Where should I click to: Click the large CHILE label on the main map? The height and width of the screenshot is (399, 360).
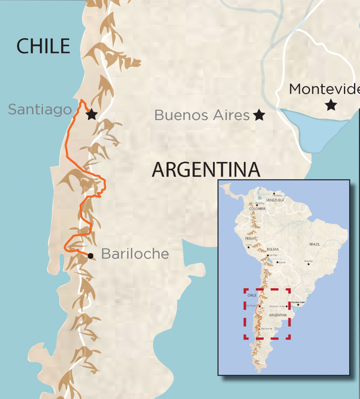(43, 46)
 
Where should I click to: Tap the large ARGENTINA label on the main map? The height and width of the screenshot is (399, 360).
(206, 170)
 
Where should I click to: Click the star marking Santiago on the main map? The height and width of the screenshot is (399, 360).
(91, 115)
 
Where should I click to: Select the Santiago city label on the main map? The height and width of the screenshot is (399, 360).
(39, 109)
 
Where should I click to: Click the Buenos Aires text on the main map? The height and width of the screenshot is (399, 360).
(202, 115)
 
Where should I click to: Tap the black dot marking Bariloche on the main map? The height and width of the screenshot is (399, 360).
(90, 256)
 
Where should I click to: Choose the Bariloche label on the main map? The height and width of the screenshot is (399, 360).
(134, 254)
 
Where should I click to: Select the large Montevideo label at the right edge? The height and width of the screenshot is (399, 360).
(324, 89)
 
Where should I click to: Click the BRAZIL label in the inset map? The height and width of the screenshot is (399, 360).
(314, 244)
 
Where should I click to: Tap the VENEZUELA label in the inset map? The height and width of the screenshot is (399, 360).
(275, 200)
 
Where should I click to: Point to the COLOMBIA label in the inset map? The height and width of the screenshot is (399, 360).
(257, 208)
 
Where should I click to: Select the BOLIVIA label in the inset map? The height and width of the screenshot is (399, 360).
(273, 249)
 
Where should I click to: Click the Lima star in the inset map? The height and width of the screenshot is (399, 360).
(249, 247)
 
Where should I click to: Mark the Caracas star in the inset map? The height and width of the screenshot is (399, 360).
(274, 193)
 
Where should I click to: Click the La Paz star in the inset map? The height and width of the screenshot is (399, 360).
(269, 255)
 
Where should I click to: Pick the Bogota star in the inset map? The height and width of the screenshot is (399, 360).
(257, 205)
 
